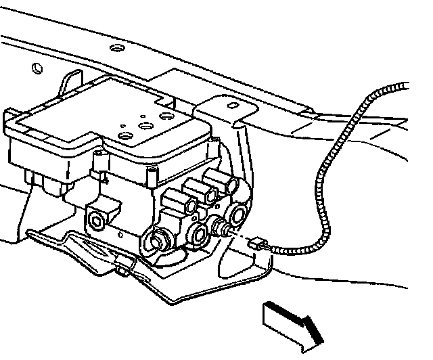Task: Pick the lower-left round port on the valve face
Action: click(160, 239)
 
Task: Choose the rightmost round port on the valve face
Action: click(238, 215)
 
